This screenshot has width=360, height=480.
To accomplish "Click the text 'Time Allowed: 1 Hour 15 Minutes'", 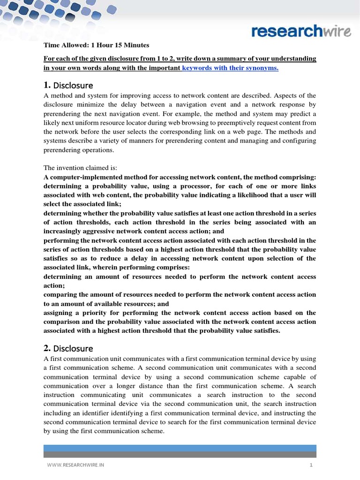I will pos(96,45).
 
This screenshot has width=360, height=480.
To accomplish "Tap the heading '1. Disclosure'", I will pos(68,85).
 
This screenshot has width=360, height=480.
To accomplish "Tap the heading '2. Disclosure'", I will pos(68,348).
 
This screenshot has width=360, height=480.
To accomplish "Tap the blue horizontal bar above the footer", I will pos(180,448).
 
